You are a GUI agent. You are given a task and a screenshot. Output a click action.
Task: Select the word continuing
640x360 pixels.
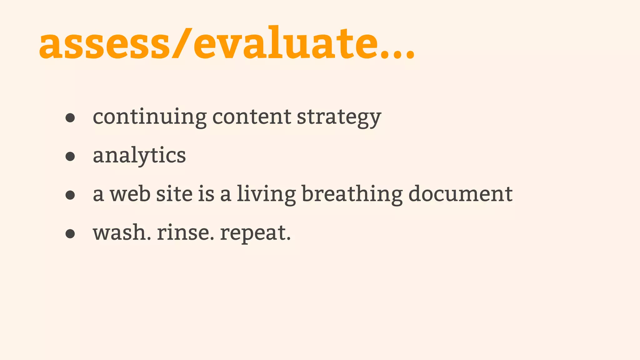(x=150, y=117)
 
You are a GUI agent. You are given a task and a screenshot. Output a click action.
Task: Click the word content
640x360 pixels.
(x=252, y=117)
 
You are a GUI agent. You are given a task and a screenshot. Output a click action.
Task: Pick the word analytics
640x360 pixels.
(x=139, y=156)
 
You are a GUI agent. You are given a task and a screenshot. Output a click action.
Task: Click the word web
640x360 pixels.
(x=130, y=194)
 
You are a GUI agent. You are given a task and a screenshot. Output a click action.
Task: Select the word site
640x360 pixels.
(x=174, y=194)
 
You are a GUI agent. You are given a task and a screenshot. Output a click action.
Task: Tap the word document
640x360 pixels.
(x=460, y=194)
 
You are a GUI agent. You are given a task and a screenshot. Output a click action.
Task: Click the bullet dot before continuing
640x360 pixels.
(x=70, y=118)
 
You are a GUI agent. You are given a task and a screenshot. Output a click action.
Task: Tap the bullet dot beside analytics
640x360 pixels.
(x=70, y=157)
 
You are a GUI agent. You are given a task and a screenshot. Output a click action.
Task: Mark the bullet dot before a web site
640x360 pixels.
(x=70, y=195)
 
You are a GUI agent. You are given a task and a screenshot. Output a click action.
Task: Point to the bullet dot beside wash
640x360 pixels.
(x=70, y=234)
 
